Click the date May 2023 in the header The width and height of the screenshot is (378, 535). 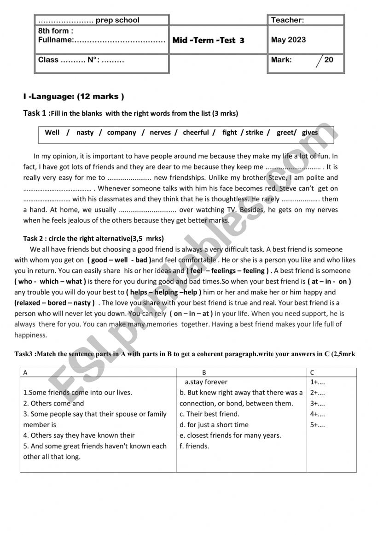(288, 40)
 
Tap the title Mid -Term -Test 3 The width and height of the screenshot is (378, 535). (208, 40)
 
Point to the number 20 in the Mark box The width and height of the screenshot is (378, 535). (329, 59)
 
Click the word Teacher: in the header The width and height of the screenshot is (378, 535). (287, 20)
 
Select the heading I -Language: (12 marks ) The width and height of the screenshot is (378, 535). (74, 97)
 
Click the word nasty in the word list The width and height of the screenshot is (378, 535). (85, 133)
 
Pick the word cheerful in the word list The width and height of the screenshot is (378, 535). (196, 133)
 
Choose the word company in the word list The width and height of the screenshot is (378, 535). (122, 133)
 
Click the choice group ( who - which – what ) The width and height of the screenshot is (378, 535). (50, 281)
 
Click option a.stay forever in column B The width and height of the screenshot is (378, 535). (206, 382)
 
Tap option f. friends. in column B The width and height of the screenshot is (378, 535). (194, 446)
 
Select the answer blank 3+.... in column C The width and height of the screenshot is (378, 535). (317, 403)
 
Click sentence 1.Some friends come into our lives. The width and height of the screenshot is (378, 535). (77, 393)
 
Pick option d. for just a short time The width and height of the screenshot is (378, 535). (214, 425)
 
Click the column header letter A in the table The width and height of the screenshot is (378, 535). (25, 372)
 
